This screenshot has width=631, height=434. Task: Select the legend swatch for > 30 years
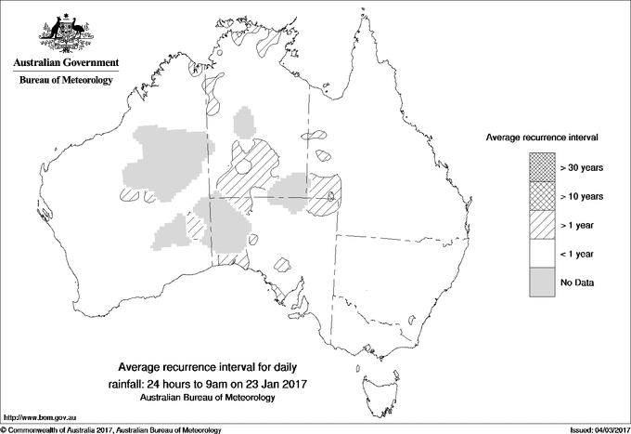tap(541, 167)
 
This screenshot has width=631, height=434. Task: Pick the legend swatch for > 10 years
tap(541, 196)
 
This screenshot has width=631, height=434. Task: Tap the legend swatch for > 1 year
tap(541, 225)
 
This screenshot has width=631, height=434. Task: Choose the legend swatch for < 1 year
tap(541, 254)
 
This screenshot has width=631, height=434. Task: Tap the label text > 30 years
tap(582, 167)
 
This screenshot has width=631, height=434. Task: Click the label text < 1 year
tap(578, 254)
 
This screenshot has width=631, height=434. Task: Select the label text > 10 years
tap(582, 196)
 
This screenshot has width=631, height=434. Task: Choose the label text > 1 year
tap(578, 225)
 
